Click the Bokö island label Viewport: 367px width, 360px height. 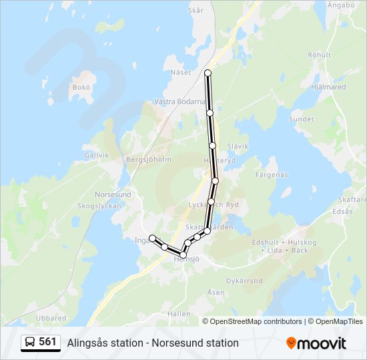click(x=81, y=87)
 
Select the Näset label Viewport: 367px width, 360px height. click(x=180, y=73)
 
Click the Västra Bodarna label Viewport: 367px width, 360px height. click(x=180, y=103)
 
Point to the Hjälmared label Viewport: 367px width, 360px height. click(x=328, y=86)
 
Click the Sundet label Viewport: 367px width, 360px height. click(x=301, y=119)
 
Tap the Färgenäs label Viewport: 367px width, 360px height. click(x=271, y=175)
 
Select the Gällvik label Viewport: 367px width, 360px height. click(x=97, y=155)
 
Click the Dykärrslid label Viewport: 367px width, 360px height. click(x=245, y=281)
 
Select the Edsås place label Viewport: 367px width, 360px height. click(x=342, y=211)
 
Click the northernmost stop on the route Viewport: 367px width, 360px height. click(x=208, y=72)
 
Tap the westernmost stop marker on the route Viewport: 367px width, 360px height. click(x=152, y=238)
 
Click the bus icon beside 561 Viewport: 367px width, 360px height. click(x=30, y=343)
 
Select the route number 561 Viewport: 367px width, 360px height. click(x=47, y=342)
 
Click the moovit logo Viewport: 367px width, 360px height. click(x=316, y=343)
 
